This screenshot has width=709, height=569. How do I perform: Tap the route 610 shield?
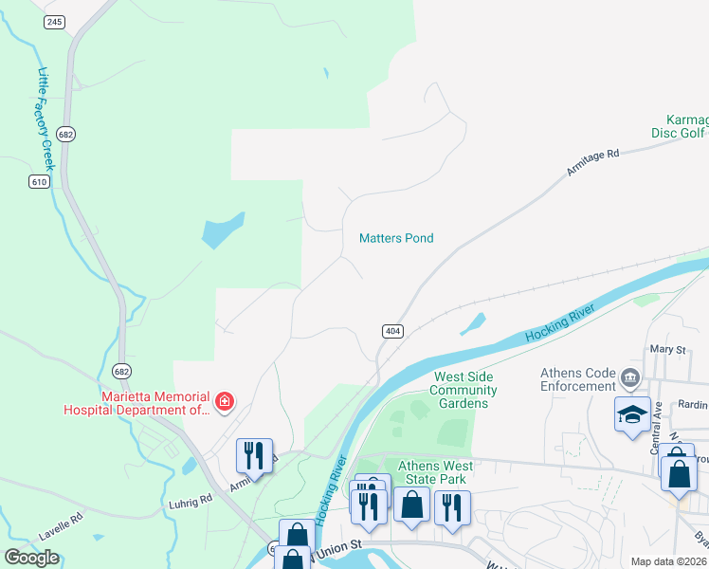39,181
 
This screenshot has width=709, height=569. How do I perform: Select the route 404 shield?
393,331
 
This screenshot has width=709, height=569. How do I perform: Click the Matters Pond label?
396,238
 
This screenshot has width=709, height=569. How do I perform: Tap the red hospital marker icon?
225,403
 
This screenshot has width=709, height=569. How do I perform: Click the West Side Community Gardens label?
464,390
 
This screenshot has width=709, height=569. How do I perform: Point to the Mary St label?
667,350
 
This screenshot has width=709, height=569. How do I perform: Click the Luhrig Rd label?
191,500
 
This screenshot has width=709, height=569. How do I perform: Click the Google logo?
32,557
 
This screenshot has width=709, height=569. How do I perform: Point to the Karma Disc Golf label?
678,126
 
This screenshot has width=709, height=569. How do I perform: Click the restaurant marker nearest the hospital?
254,456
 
